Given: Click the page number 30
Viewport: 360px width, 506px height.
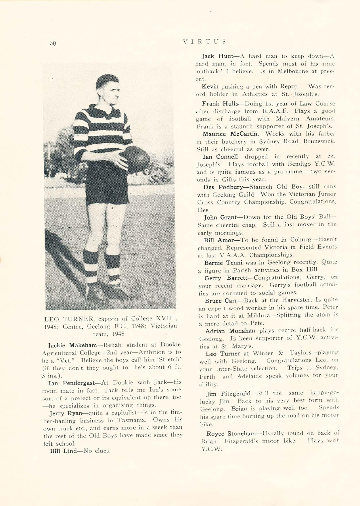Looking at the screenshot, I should click(52, 43).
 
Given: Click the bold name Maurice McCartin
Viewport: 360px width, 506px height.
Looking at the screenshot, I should click(231, 134).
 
